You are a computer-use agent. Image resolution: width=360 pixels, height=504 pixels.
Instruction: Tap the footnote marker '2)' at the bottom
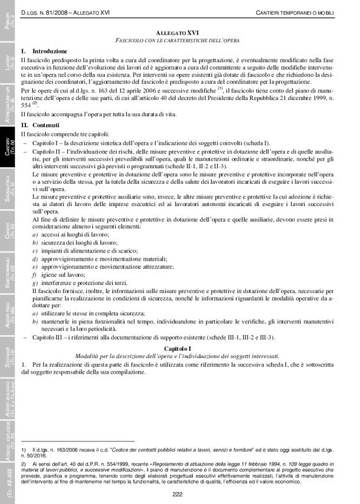tap(23, 464)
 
